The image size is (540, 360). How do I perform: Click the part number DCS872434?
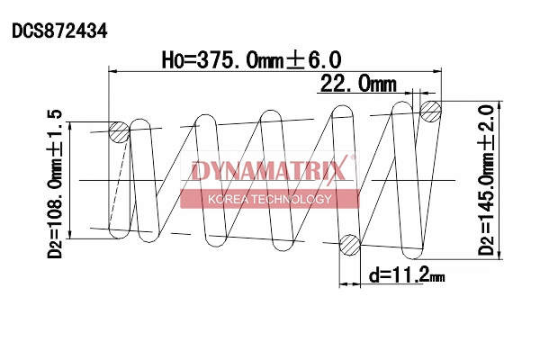(x=59, y=30)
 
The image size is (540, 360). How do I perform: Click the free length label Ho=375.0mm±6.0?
(x=251, y=59)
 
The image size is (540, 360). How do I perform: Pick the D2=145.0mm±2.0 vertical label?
(x=487, y=180)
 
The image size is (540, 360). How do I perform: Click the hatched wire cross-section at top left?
(x=119, y=132)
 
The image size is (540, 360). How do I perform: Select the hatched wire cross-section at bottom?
(x=350, y=244)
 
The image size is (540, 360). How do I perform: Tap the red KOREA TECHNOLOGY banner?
(x=270, y=199)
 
